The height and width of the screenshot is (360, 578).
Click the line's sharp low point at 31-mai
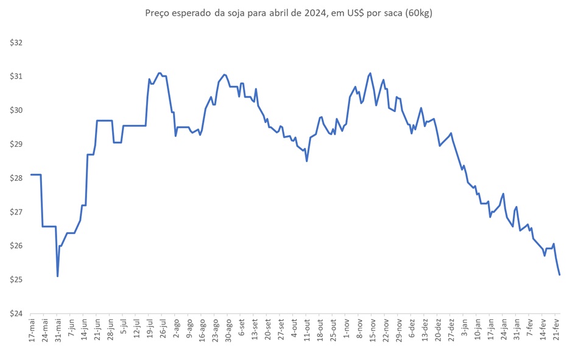(58, 276)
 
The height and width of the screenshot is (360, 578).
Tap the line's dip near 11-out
(306, 161)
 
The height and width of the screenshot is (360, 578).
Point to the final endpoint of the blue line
(559, 275)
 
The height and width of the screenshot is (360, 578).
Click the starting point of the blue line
(30, 175)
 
